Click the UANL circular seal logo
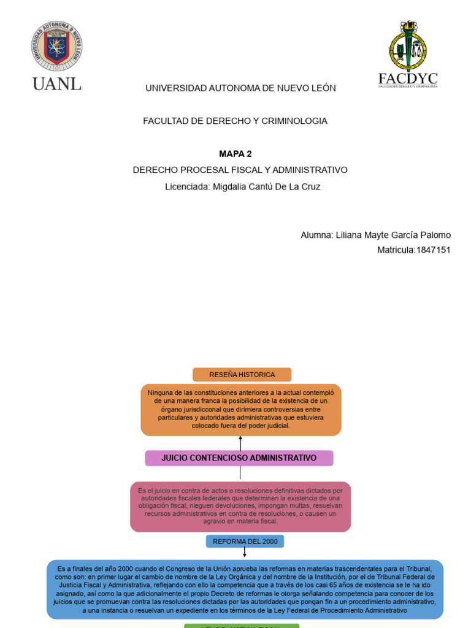[56, 46]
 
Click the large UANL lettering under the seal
[56, 84]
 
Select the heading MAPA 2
[235, 153]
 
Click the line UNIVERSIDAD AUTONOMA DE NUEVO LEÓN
[240, 88]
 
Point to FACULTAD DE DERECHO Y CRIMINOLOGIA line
[235, 121]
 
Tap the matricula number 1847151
[433, 250]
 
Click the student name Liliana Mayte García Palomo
[393, 235]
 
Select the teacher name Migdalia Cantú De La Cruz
[266, 186]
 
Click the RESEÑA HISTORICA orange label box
[242, 375]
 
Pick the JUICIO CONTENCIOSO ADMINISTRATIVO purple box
[239, 458]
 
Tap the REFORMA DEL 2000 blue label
[245, 542]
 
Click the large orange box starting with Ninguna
[241, 409]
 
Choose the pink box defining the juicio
[240, 507]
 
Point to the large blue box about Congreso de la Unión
[245, 589]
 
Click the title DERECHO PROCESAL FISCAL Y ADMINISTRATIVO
[240, 170]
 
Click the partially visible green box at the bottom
[242, 626]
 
